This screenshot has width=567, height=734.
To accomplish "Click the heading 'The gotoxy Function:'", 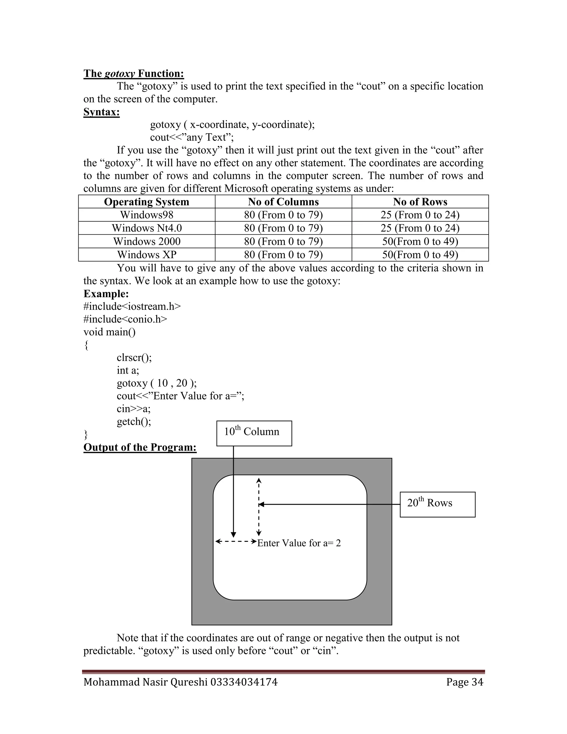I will (134, 74).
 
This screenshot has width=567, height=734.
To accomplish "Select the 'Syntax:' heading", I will (101, 112).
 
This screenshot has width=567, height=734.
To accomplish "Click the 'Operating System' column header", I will (146, 202).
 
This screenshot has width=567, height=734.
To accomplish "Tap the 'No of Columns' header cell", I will (283, 202).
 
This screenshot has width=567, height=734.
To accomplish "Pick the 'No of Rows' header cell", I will (420, 202).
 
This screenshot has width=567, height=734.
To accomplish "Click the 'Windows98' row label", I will (146, 215).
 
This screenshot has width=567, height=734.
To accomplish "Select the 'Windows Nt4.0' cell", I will (146, 228).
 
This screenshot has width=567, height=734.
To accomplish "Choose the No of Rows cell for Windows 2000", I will (420, 241).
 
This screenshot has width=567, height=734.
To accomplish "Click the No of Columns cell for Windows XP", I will (283, 255).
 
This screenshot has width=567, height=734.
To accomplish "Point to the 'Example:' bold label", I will (106, 294).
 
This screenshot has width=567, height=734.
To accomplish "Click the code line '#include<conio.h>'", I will (125, 319).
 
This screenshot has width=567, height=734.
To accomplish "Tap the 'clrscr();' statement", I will (134, 357).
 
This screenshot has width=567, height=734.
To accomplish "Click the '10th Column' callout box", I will (254, 433).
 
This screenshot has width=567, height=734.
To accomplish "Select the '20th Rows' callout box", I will (437, 504).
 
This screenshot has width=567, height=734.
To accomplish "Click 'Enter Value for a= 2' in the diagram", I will (299, 543).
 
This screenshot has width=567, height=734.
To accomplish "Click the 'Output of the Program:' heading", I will (140, 447).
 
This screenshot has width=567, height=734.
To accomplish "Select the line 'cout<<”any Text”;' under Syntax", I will (192, 137).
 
